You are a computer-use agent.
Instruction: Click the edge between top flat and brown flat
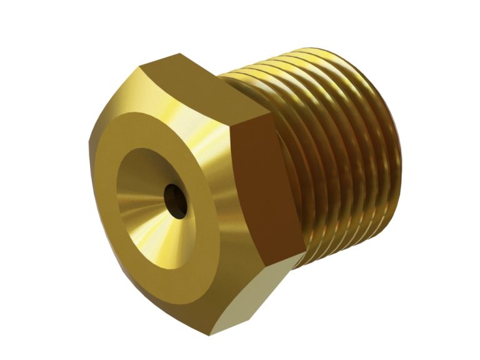click(250, 122)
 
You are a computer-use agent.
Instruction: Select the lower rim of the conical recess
click(162, 262)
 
